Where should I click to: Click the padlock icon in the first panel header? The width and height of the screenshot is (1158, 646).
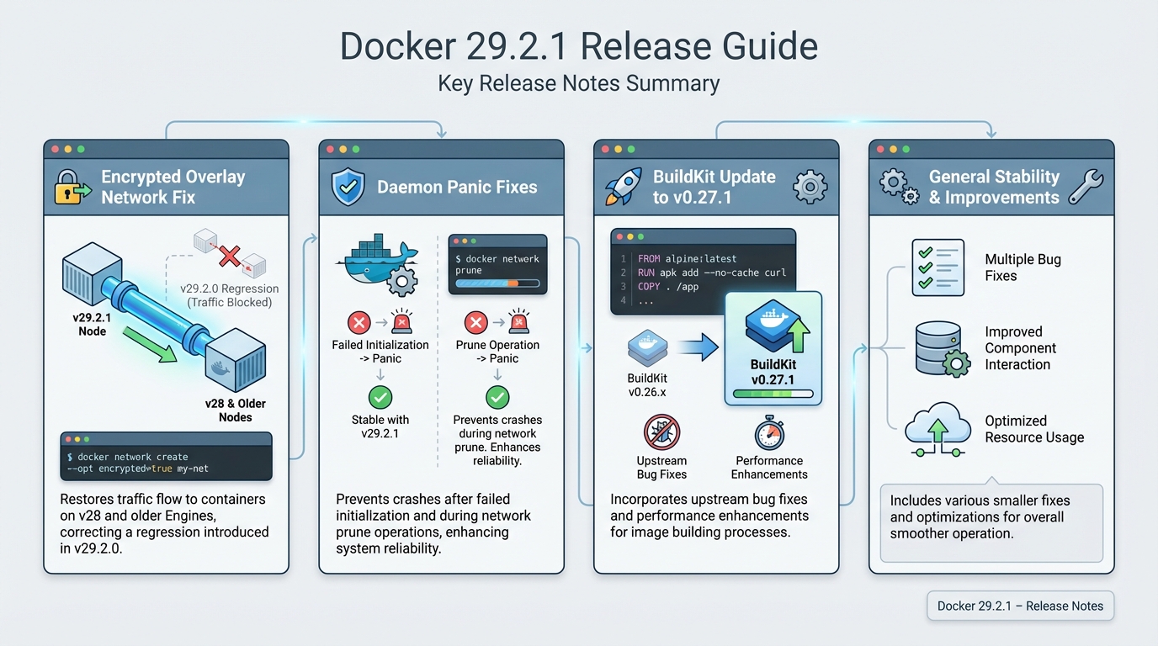coord(72,187)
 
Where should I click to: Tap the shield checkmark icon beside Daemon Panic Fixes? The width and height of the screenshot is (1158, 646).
coord(348,187)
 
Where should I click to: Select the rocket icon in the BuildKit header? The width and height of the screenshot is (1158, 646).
coord(623,187)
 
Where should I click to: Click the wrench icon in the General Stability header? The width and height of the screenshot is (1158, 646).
coord(1085,187)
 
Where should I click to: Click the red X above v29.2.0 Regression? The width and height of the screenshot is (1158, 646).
coord(229,256)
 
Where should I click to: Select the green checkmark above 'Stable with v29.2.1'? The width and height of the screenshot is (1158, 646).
coord(380,397)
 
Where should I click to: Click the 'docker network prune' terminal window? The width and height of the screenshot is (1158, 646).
coord(497,264)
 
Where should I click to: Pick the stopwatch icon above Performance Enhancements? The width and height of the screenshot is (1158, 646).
coord(769,433)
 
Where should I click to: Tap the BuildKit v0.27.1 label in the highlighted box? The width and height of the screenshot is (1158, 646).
coord(773,373)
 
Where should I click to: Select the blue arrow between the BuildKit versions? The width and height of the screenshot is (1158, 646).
coord(695,347)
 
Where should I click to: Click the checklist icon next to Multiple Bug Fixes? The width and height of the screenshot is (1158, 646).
coord(938,267)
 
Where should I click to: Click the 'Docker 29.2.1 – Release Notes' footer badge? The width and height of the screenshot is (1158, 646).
coord(1020,606)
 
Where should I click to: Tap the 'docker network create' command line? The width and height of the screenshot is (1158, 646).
coord(132,457)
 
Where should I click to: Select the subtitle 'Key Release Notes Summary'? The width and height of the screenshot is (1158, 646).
coord(578,84)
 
